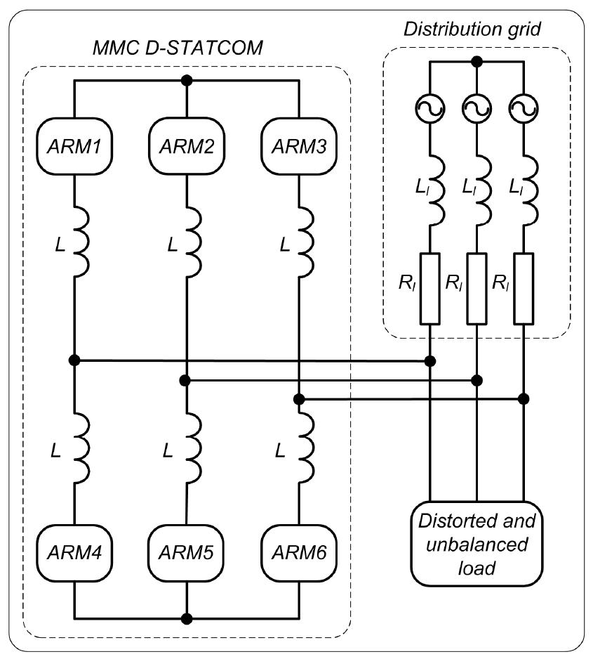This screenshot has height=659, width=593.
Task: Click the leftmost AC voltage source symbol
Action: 429,107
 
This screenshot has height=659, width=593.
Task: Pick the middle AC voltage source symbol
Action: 477,107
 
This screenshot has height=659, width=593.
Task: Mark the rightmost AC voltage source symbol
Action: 524,107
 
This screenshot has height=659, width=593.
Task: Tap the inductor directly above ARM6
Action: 303,447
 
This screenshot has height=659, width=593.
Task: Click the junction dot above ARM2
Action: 186,79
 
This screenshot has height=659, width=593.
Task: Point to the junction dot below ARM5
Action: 186,619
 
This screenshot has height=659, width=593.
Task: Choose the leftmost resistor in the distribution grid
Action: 429,288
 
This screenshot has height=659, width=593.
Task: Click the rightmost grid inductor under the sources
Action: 528,191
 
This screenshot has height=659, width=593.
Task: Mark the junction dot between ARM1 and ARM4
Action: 74,360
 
